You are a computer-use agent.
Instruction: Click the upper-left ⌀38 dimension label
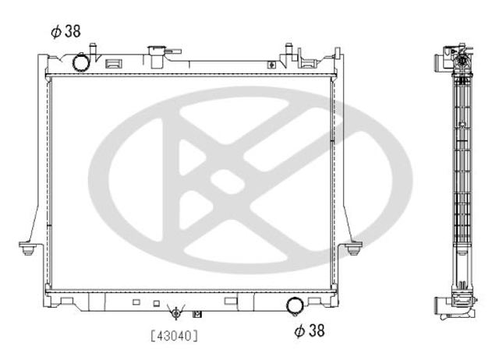tap(65, 31)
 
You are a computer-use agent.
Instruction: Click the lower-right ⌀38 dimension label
tap(310, 330)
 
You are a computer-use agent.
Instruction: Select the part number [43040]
tap(174, 336)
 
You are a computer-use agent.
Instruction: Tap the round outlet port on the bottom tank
tap(295, 306)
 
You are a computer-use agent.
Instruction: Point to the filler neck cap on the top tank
tap(157, 51)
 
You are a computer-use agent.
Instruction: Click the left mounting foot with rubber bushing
tap(28, 248)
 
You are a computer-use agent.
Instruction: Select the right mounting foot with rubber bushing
tap(353, 248)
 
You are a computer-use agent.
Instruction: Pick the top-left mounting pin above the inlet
tap(93, 48)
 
